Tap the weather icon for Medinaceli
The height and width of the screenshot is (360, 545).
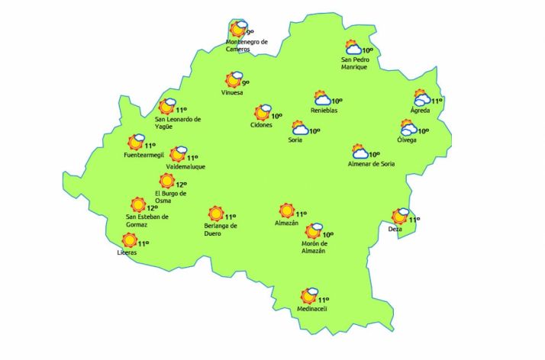pos(309,296)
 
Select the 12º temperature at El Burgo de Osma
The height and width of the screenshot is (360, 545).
pos(182,185)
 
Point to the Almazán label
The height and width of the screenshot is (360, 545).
pos(287,223)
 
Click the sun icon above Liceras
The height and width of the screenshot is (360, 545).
pos(130,240)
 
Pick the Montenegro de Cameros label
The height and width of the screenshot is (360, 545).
pos(247,46)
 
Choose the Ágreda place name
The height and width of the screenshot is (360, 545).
pos(420,111)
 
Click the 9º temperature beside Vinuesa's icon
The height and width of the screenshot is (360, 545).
pos(246,82)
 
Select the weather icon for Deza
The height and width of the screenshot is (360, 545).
pos(400,217)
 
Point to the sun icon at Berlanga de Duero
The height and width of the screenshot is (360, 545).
pos(215,214)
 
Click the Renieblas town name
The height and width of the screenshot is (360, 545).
pos(324,111)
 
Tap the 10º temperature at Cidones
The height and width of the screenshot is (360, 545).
pos(276,117)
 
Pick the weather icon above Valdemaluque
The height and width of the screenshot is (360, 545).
pos(179,155)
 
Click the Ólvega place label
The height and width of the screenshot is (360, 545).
pos(408,140)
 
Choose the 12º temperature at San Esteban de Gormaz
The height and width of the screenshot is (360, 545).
pos(152,207)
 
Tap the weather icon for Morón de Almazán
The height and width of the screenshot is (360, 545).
pos(314,232)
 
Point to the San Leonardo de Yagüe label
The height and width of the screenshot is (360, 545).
pos(177,122)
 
